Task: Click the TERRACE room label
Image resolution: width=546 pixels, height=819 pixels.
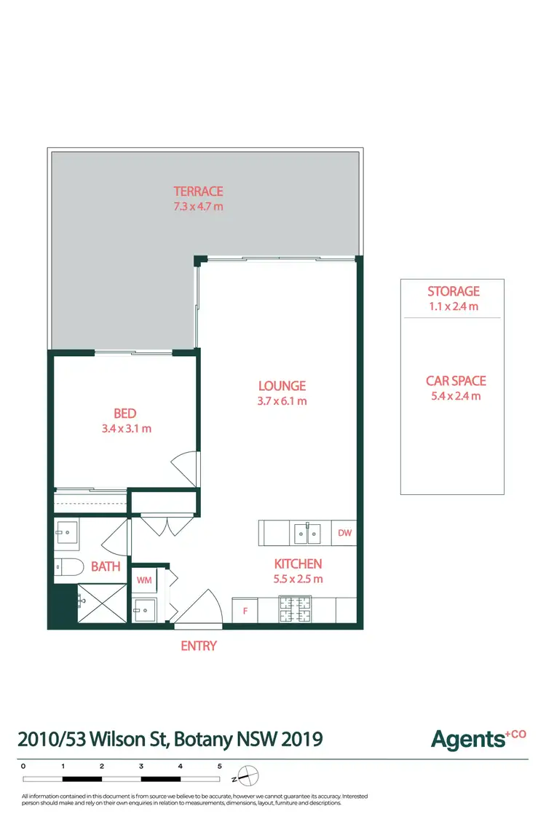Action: pyautogui.click(x=198, y=191)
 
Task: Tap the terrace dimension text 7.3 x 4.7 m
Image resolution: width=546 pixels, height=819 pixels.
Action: pyautogui.click(x=198, y=206)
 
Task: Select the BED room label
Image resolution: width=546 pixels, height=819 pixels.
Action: pyautogui.click(x=125, y=414)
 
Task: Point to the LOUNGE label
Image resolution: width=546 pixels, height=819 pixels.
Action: pyautogui.click(x=282, y=386)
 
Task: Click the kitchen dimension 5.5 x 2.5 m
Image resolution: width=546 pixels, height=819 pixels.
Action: pyautogui.click(x=298, y=579)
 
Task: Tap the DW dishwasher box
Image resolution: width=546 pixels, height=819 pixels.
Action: pyautogui.click(x=344, y=533)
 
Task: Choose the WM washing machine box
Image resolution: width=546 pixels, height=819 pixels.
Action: pyautogui.click(x=143, y=580)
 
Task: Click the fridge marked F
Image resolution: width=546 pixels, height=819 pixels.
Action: pyautogui.click(x=245, y=611)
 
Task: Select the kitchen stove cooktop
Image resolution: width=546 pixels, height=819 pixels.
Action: pyautogui.click(x=296, y=609)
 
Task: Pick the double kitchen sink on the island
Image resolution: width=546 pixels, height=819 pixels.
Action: pyautogui.click(x=307, y=533)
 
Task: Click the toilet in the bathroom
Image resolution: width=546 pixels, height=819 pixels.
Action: pyautogui.click(x=66, y=567)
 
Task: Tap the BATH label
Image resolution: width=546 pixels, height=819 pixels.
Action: pyautogui.click(x=106, y=567)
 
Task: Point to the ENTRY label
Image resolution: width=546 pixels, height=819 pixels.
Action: pyautogui.click(x=199, y=646)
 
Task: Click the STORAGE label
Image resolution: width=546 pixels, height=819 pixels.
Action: pyautogui.click(x=454, y=292)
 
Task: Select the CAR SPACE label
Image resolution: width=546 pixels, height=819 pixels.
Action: pyautogui.click(x=456, y=381)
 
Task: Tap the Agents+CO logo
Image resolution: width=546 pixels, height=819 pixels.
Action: pyautogui.click(x=478, y=739)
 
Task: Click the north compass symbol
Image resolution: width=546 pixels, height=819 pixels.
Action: pyautogui.click(x=248, y=775)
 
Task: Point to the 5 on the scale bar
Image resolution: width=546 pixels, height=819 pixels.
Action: pyautogui.click(x=219, y=766)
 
